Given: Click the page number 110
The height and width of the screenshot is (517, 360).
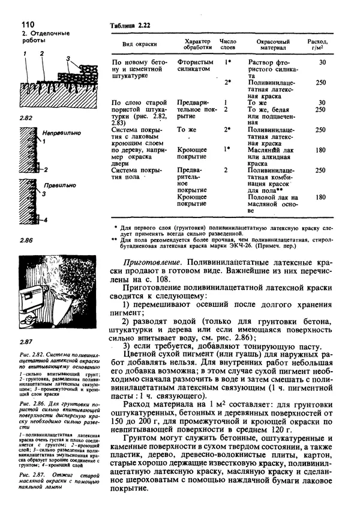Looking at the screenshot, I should coord(14,23).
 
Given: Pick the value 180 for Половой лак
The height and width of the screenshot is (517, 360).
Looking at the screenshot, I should coord(321,197).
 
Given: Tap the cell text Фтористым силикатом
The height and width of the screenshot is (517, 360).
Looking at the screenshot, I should coord(195,65).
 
